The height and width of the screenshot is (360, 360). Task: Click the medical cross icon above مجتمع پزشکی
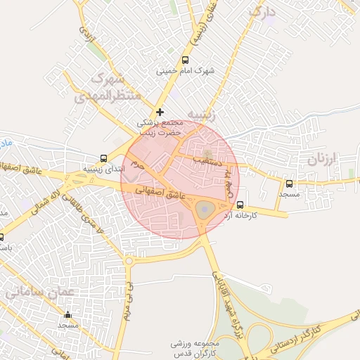coord(160,112)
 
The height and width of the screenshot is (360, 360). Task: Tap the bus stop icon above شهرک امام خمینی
coord(185,60)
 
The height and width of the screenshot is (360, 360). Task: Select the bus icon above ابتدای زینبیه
coord(104,158)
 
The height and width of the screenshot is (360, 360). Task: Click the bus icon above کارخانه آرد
coord(240,205)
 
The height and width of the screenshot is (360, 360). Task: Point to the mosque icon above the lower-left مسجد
coord(67,314)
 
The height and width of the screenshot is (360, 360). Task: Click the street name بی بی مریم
coord(129,300)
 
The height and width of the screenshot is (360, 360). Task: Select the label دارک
coord(266,11)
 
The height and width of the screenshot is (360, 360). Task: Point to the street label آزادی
coord(84,34)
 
